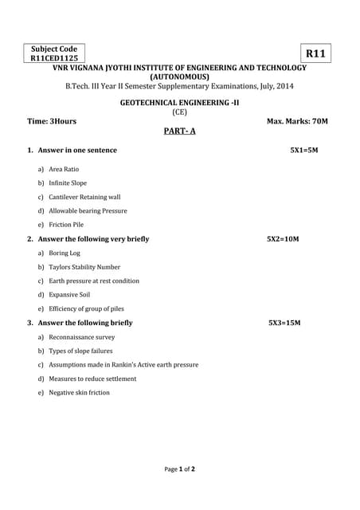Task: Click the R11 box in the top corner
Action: click(316, 53)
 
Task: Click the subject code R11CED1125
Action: click(54, 58)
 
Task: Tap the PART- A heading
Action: click(179, 131)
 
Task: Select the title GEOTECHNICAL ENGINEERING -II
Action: click(179, 103)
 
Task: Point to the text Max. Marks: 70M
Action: click(297, 121)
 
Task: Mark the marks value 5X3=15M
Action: click(284, 323)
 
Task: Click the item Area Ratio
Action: click(64, 169)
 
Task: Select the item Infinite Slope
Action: click(68, 182)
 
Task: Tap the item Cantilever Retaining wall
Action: click(84, 197)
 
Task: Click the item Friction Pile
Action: click(66, 225)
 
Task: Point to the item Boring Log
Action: click(65, 253)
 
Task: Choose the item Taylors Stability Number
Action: click(84, 267)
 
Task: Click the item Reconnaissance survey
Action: click(81, 337)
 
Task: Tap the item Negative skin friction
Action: click(79, 392)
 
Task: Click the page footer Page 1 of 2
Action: click(180, 469)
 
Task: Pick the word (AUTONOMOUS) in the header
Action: click(179, 76)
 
